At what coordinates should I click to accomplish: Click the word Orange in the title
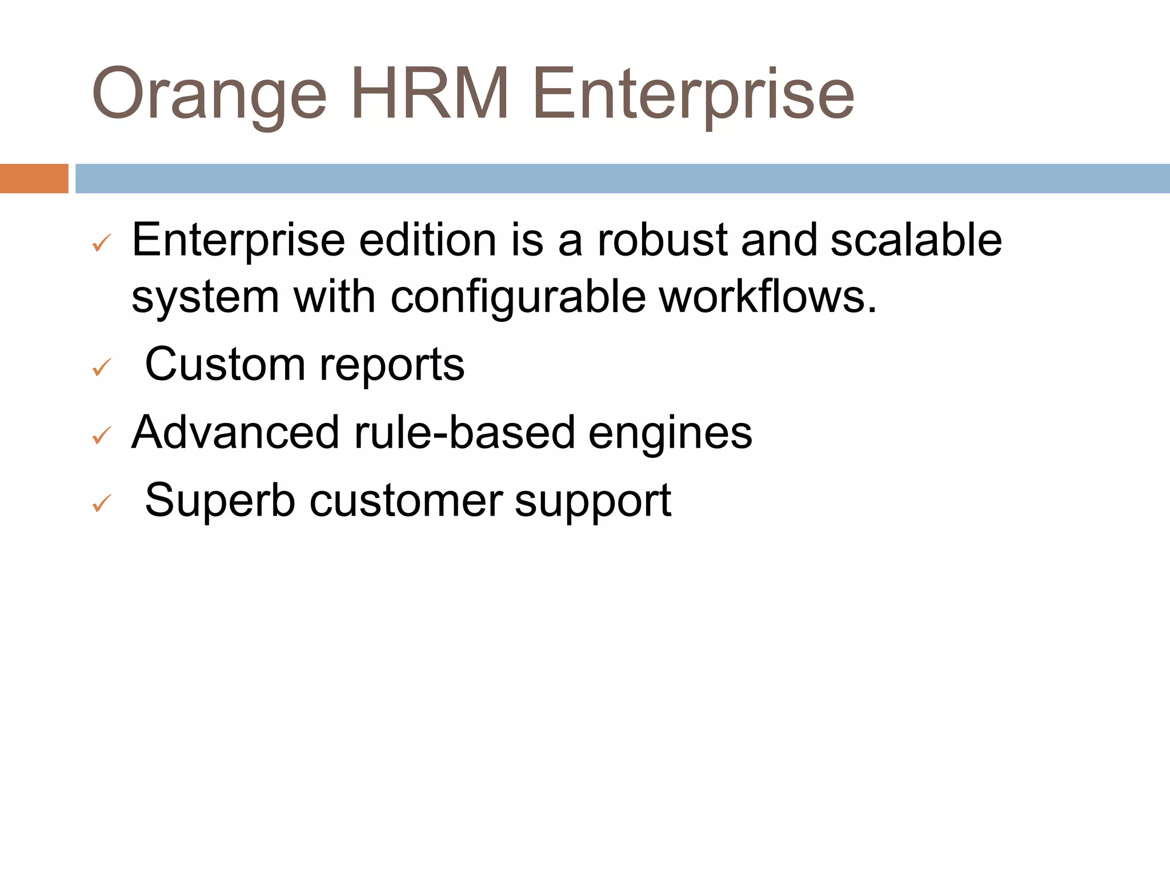point(209,94)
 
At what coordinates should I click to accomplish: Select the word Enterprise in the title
point(693,94)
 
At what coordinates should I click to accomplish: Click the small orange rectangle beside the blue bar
point(34,178)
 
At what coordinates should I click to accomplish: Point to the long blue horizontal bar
point(622,178)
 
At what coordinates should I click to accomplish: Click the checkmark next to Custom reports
point(101,367)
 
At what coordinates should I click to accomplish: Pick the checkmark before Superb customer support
point(101,503)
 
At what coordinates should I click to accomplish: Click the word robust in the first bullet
point(662,240)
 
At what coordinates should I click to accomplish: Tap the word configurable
point(518,298)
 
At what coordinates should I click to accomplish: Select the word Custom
point(225,364)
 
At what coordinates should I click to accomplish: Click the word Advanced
point(235,432)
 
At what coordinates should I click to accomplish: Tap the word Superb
point(220,500)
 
